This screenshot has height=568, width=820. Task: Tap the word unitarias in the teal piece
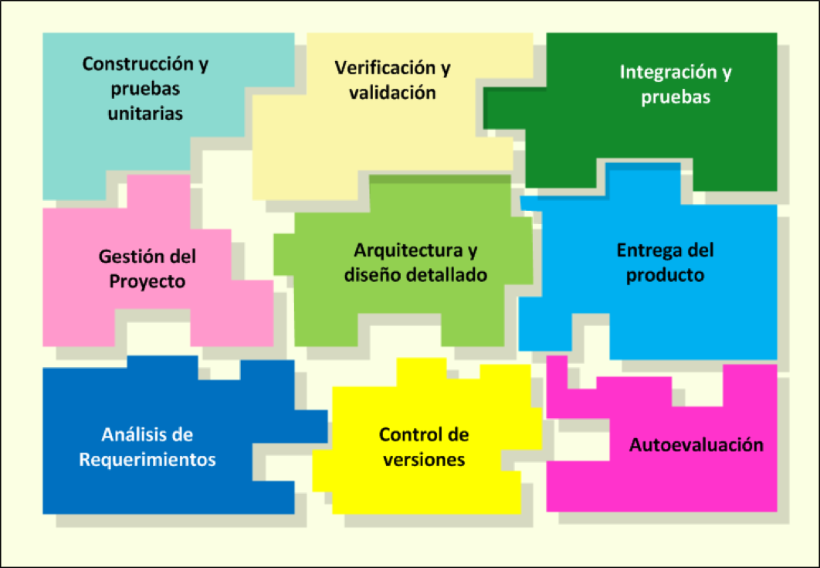145,113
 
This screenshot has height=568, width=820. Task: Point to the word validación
392,93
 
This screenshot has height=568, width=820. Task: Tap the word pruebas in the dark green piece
676,98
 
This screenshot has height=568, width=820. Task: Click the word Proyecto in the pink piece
147,281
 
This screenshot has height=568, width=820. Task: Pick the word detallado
449,275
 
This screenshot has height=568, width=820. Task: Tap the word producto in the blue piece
665,275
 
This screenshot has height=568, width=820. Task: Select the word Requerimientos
147,460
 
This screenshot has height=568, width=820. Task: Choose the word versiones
423,460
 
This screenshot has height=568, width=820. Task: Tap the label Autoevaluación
696,445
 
